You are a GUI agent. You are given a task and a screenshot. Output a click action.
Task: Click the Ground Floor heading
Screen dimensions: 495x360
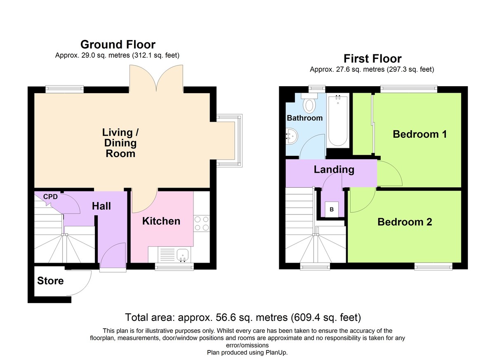click(x=118, y=45)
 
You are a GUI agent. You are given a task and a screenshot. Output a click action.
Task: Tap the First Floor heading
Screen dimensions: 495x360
click(x=372, y=59)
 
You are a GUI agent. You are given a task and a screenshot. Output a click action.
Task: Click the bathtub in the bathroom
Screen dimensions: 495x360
click(x=338, y=120)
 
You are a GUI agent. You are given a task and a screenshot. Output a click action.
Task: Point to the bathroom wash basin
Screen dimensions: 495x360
click(x=292, y=136)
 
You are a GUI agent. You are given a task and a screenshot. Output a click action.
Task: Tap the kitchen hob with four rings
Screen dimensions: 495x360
click(x=202, y=224)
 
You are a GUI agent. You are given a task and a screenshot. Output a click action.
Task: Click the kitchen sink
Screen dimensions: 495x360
click(x=182, y=255)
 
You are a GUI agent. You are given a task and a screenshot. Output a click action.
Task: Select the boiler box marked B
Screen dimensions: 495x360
click(x=332, y=209)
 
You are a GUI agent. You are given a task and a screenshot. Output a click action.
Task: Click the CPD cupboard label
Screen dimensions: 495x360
click(x=50, y=197)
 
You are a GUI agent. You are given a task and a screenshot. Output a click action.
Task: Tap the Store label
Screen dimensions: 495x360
click(x=50, y=281)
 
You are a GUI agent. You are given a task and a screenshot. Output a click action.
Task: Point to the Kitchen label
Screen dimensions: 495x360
click(x=161, y=221)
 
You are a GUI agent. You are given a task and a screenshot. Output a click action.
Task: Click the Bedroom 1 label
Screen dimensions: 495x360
click(x=420, y=134)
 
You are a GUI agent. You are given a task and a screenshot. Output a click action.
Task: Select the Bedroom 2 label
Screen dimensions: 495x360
click(x=405, y=222)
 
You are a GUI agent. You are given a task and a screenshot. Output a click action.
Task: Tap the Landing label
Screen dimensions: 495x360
click(x=334, y=169)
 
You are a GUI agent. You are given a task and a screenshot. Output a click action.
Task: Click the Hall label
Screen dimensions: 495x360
click(x=101, y=206)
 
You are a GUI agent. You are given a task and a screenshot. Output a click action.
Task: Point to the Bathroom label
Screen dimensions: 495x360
click(x=305, y=118)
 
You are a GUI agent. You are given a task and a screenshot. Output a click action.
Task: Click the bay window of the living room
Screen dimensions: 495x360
click(x=229, y=141)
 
